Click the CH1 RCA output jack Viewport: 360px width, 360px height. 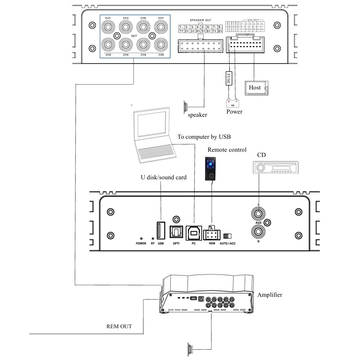(108, 27)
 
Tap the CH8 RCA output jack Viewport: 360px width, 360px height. (161, 45)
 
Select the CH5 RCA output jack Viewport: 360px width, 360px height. (143, 27)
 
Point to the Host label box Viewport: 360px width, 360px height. (254, 87)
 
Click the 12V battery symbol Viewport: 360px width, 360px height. (232, 103)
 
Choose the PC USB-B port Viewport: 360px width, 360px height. (193, 232)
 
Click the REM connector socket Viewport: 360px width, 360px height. (211, 232)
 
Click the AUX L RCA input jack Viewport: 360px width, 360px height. (258, 213)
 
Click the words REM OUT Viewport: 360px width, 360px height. (119, 326)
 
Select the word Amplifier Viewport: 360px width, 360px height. (269, 295)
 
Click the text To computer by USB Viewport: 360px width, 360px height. (204, 137)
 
